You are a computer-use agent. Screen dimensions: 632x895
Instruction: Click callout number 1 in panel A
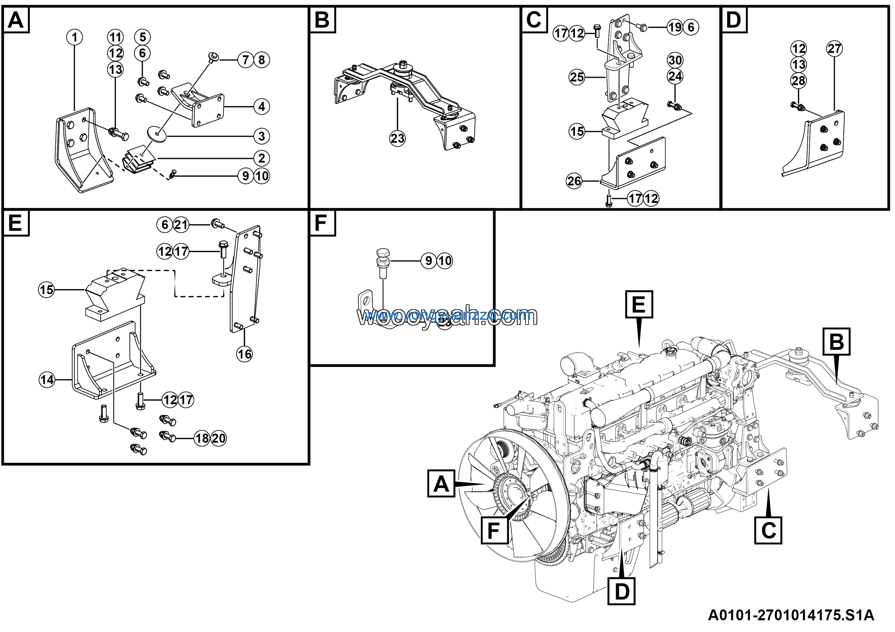pos(74,37)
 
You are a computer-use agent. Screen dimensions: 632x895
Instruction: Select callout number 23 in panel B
pos(397,138)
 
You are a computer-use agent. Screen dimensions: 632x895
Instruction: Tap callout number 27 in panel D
pos(834,49)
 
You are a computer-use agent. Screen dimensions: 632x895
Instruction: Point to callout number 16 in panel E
pos(244,354)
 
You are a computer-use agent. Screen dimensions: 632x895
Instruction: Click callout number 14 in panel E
pos(47,380)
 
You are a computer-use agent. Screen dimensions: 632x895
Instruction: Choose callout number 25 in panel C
pos(577,77)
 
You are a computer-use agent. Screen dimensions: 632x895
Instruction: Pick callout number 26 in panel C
pos(574,181)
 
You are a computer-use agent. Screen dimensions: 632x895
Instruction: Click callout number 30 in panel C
pos(675,60)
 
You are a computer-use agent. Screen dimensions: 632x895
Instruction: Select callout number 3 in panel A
pos(262,136)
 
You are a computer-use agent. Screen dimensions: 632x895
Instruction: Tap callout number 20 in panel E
pos(218,438)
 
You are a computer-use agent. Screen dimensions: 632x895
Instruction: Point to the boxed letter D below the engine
pos(622,591)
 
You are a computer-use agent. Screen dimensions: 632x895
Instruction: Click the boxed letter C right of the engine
pos(768,530)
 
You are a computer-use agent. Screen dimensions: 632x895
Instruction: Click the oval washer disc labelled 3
pos(157,134)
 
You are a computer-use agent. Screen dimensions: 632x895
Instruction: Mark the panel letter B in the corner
pos(322,20)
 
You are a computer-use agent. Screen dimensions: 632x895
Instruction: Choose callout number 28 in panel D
pos(798,81)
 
